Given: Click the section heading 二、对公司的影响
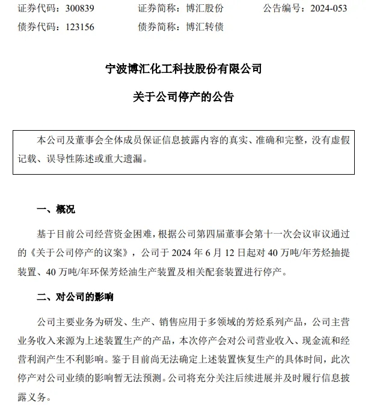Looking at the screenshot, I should click(75, 297).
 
